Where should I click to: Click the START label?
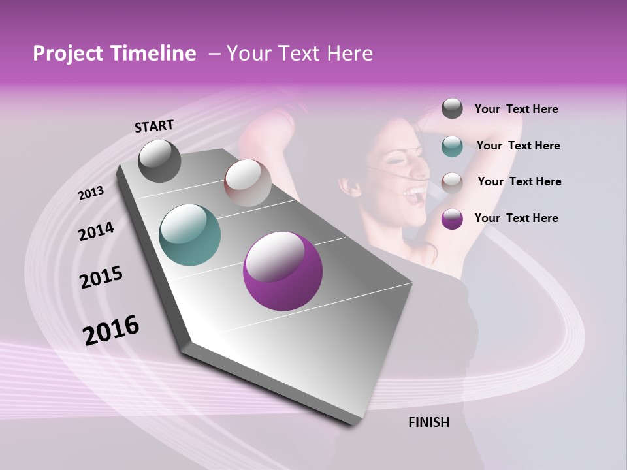click(154, 126)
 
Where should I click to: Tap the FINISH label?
click(428, 422)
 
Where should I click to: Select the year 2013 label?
click(91, 193)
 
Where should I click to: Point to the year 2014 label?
click(96, 231)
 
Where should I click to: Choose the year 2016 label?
click(111, 330)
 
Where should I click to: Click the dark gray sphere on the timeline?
click(159, 161)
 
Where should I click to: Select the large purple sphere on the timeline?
click(282, 272)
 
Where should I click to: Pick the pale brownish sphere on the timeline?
click(248, 183)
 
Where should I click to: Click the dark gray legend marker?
click(452, 109)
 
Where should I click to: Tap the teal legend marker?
click(452, 146)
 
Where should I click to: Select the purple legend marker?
click(452, 219)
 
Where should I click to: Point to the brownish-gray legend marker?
click(452, 182)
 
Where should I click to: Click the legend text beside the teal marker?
click(518, 146)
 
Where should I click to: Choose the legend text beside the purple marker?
click(516, 218)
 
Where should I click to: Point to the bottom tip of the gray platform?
click(353, 424)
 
